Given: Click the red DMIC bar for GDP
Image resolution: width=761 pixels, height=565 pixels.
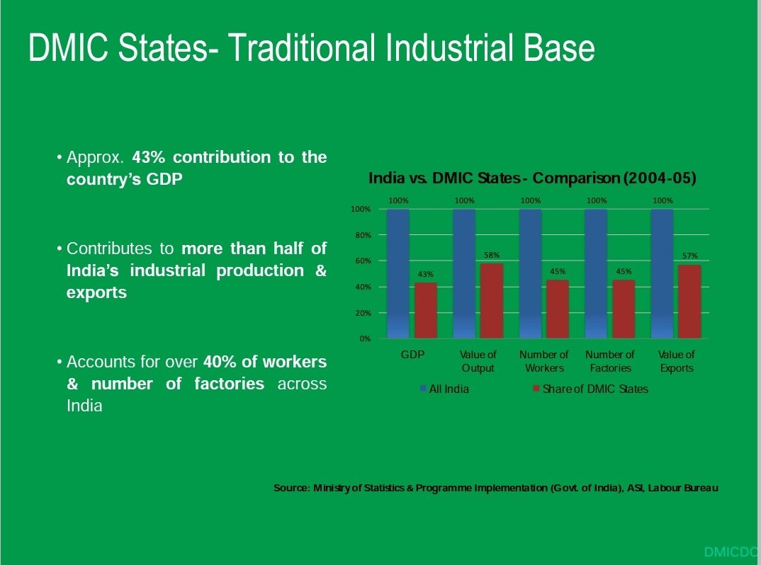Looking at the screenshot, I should tap(425, 310).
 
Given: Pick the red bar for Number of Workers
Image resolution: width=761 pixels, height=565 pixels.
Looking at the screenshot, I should tap(557, 309).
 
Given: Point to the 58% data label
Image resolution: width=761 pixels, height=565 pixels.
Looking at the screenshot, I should tap(492, 255).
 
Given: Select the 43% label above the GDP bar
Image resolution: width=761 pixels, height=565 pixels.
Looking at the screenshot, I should tap(425, 274).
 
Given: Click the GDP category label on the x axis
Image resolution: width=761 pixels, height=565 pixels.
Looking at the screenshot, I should tap(412, 354).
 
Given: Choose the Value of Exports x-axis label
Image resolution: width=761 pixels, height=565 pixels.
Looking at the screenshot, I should tap(676, 361).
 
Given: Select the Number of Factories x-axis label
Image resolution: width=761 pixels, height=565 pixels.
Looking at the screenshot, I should tap(609, 361).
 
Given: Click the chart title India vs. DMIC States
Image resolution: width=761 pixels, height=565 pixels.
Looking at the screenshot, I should tap(532, 178).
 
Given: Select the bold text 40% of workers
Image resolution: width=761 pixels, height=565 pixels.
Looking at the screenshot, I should tap(265, 362).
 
